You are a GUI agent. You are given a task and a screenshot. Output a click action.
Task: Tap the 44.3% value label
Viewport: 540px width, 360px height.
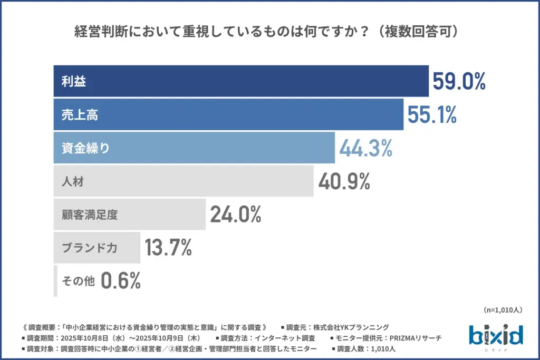(x=365, y=149)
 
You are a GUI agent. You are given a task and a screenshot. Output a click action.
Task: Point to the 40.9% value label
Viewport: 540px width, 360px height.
(x=344, y=182)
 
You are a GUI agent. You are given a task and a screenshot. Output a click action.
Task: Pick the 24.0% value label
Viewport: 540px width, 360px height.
(x=236, y=215)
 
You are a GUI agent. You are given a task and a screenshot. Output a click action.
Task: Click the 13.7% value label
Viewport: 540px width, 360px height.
(x=168, y=248)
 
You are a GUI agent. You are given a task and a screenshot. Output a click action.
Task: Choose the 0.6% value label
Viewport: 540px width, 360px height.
(x=121, y=281)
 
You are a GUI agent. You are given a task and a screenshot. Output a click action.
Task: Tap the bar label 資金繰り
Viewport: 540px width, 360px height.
(x=85, y=149)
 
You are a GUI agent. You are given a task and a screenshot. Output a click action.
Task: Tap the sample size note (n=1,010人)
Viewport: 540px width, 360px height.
(x=502, y=310)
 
